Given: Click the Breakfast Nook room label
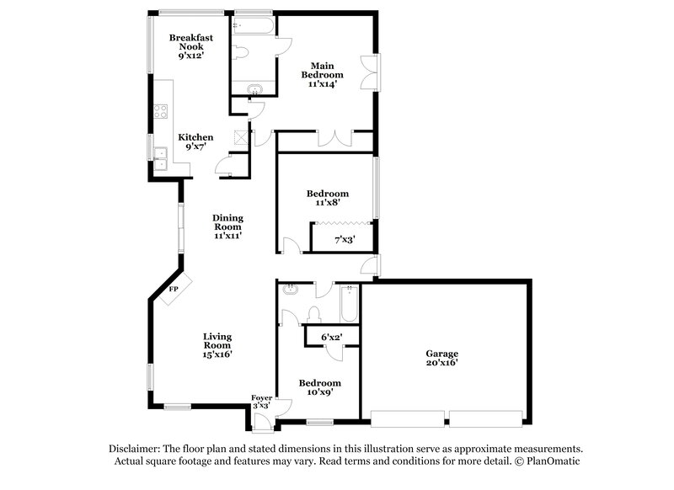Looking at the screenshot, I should point(190,47).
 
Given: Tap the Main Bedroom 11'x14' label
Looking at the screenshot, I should point(324,74).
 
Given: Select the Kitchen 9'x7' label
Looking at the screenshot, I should point(195,141).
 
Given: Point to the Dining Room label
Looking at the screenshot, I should point(227,226).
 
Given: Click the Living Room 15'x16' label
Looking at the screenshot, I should point(217,346).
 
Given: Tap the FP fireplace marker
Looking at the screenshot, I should point(174,289).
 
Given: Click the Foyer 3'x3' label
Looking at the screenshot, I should point(263,401).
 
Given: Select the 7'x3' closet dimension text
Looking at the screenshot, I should point(345,240).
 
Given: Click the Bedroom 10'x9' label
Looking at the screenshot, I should point(320,387).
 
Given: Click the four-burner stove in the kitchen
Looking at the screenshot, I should point(159,109).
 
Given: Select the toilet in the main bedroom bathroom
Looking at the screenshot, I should point(241,53).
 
